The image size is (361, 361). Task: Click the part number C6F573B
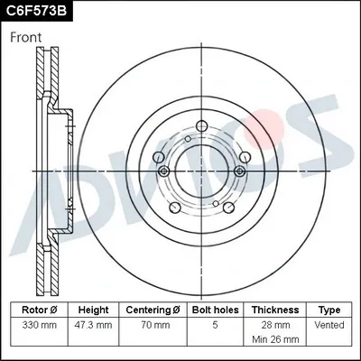coord(38,11)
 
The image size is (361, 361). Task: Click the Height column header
coord(92,310)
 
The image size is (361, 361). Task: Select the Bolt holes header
coord(215,310)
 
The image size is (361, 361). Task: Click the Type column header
coord(330,310)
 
